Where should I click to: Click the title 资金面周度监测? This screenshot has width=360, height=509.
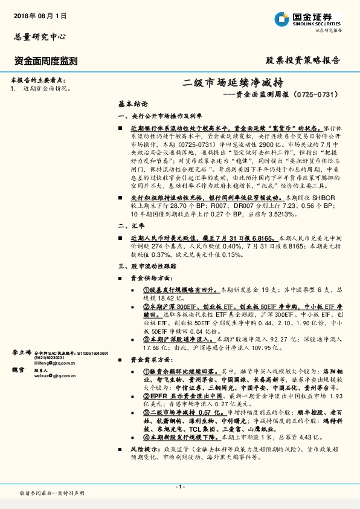46,60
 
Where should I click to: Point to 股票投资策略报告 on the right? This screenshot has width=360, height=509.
303,60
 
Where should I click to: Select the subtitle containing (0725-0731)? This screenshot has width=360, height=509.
280,94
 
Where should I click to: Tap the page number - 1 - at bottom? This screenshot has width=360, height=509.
179,487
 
